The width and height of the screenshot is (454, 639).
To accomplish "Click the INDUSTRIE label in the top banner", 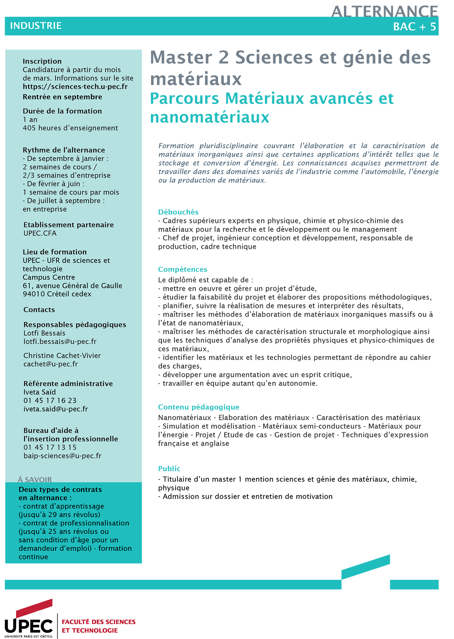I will coord(36,26).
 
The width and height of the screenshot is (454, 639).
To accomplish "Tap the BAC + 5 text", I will coord(414,27).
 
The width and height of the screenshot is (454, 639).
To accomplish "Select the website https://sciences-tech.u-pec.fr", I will coord(75,87).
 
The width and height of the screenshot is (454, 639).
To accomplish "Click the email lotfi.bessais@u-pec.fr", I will coord(60,341).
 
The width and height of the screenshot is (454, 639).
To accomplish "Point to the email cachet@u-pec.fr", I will coord(50,364).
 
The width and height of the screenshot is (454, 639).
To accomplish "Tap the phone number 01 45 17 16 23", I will coord(50,401).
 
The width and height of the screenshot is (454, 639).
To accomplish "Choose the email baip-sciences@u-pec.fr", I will coord(62,456).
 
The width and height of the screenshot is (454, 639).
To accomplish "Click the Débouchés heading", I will coord(178,212).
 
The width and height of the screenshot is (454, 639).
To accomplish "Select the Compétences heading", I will coord(182,269).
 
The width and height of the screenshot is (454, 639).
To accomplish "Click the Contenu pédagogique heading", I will coord(198,407).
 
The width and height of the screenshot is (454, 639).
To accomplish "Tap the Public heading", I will coord(169,469).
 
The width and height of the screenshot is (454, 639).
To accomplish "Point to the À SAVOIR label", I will coord(35,480).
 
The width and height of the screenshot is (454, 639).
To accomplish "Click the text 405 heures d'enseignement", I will coord(70,128).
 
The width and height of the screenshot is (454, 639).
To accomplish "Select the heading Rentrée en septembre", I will coord(62,97).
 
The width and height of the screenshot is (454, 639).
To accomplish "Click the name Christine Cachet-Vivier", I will coord(62,356).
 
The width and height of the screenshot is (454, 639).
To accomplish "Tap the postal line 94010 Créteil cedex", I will coord(57,294).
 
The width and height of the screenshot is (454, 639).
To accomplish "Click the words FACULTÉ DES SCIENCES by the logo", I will coord(98,622).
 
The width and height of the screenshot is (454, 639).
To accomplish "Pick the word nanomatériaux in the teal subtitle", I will coord(210,118).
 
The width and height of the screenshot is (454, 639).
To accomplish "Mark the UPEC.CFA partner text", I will coord(40,233).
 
